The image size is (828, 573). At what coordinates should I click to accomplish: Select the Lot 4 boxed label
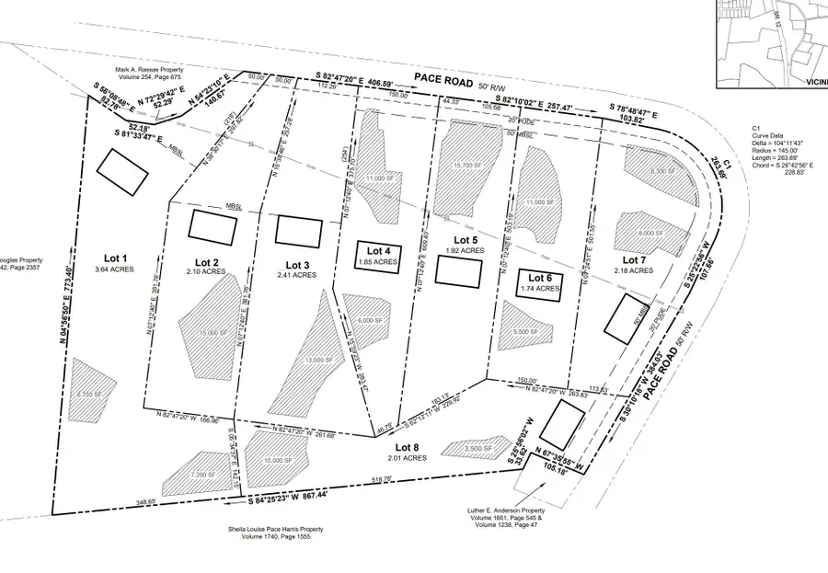[x=379, y=251]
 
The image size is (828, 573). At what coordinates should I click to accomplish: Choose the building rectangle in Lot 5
[x=458, y=270]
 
